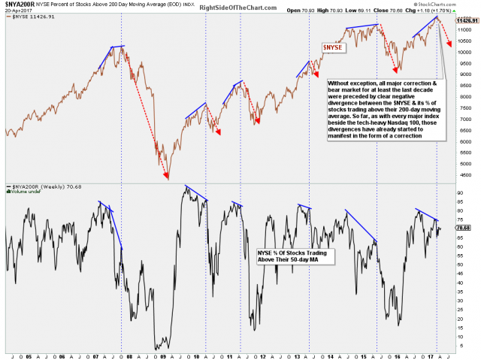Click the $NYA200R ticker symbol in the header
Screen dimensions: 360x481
coord(20,4)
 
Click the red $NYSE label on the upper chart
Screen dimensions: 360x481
coord(334,47)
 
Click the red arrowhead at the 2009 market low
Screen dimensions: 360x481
coord(167,177)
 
